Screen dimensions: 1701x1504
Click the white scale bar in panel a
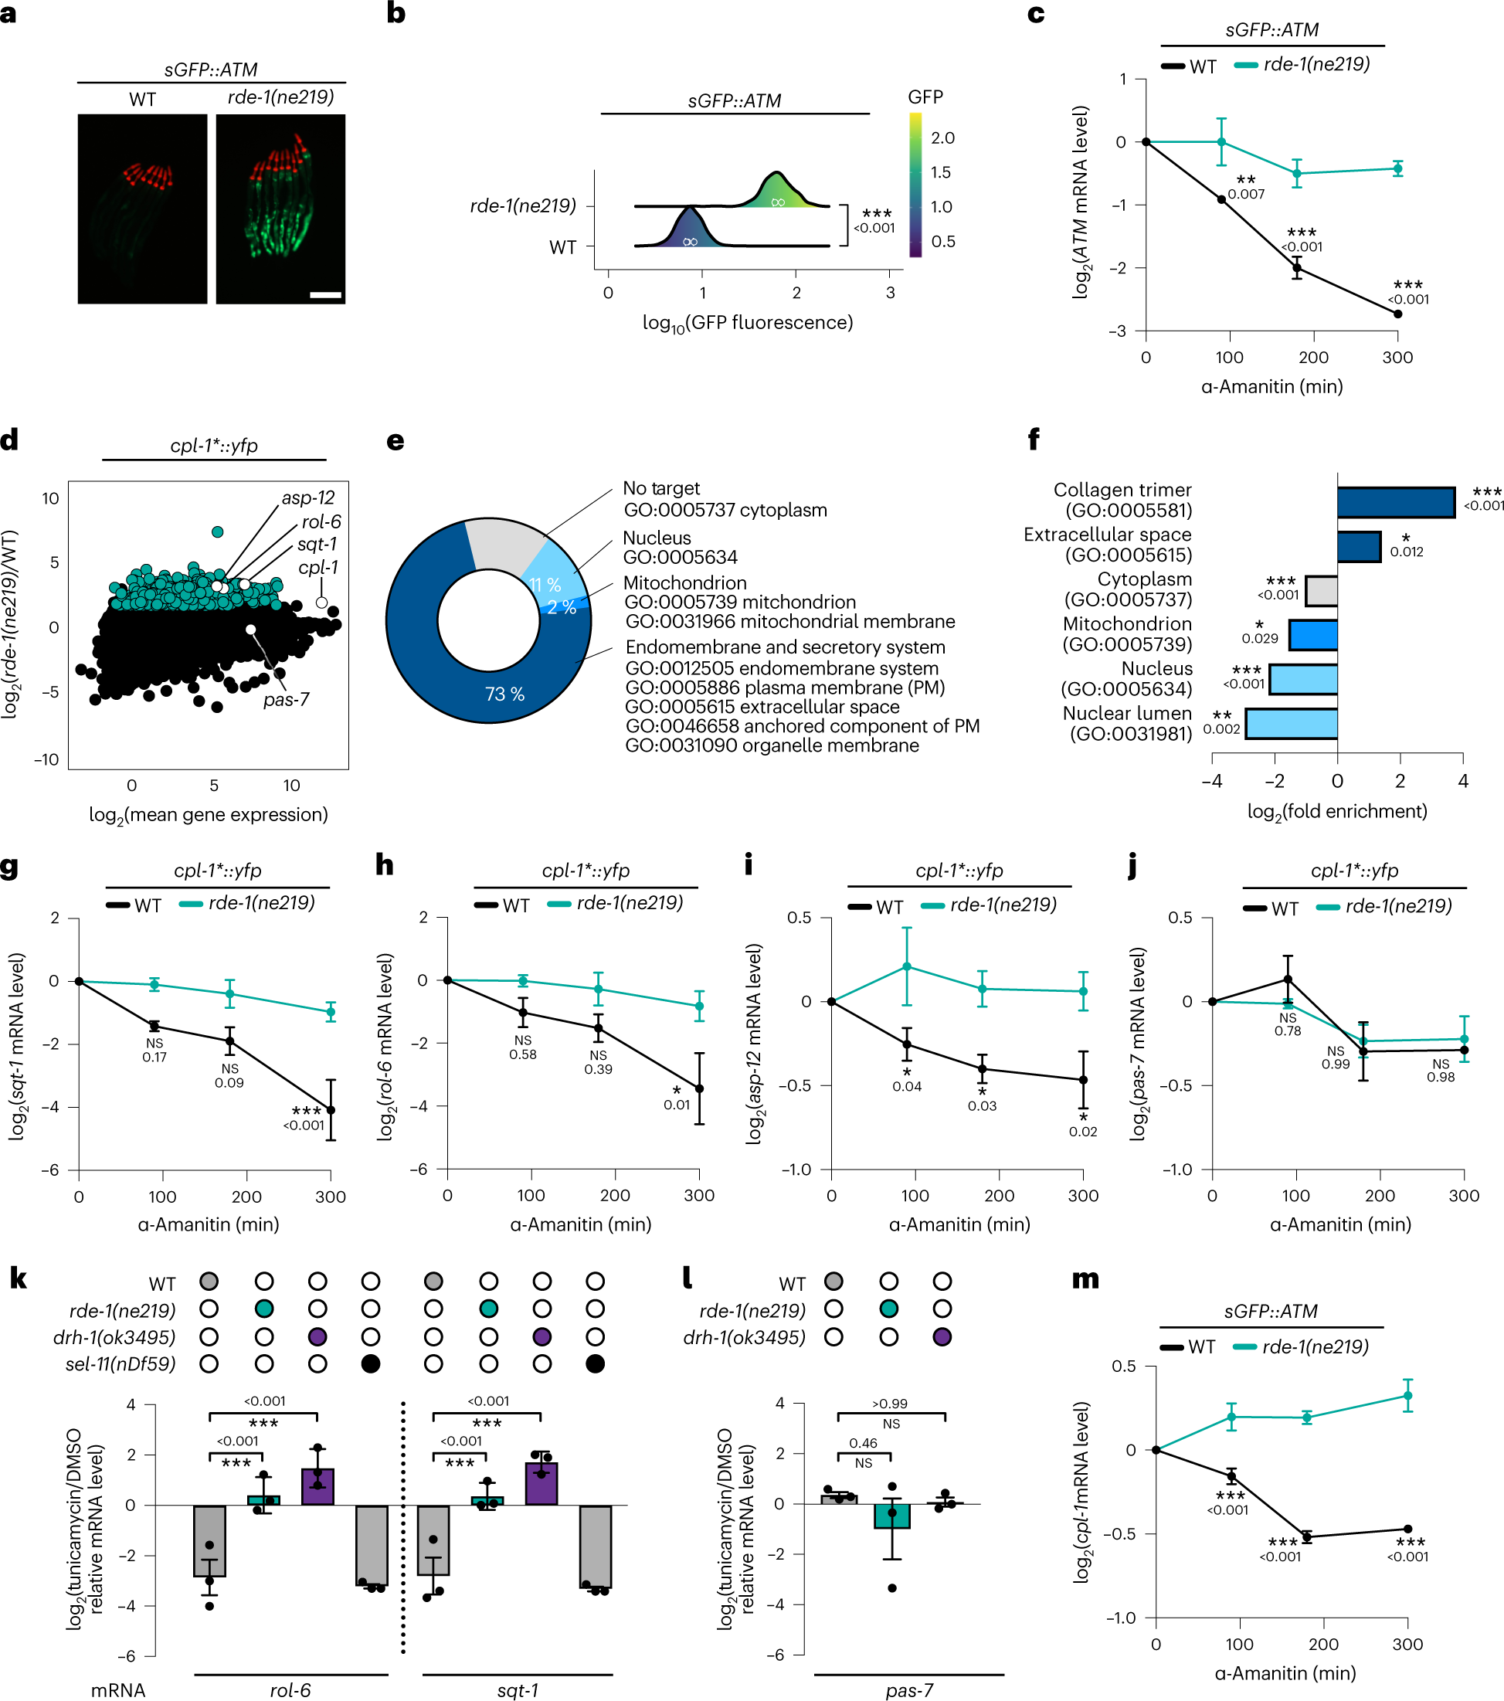[x=325, y=294]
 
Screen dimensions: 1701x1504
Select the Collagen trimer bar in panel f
[x=1395, y=503]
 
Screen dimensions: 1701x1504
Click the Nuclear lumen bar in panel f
[x=1291, y=723]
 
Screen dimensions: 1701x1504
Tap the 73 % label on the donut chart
[x=504, y=694]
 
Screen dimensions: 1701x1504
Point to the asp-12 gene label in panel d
[x=308, y=497]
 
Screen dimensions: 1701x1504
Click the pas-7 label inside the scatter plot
[x=286, y=700]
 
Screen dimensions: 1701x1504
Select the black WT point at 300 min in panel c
[x=1397, y=314]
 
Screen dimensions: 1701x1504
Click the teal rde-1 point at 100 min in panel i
[x=906, y=967]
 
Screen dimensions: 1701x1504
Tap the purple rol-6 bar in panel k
[x=317, y=1486]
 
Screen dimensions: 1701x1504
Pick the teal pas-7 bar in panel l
[x=891, y=1516]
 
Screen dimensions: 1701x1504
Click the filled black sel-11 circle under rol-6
[x=372, y=1364]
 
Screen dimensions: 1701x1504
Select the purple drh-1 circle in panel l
[x=942, y=1337]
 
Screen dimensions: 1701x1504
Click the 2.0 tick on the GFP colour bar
[x=942, y=138]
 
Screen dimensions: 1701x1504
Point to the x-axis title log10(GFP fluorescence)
[x=746, y=323]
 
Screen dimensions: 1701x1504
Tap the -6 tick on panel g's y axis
[x=54, y=1170]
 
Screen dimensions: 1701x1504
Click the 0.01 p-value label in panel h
[x=677, y=1105]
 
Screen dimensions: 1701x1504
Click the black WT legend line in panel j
[x=1254, y=908]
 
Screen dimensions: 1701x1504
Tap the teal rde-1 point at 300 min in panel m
[x=1407, y=1396]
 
